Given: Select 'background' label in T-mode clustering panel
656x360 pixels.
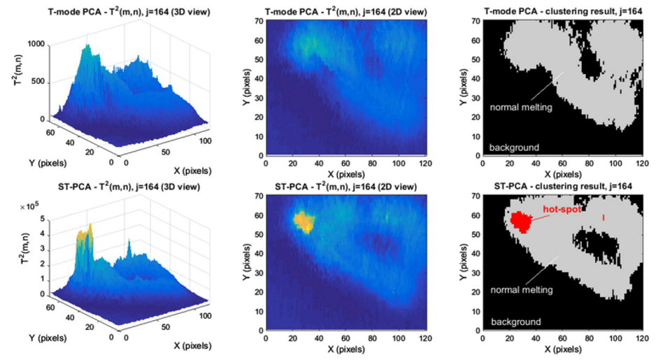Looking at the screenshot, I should [514, 147].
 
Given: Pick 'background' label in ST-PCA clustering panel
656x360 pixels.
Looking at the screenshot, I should [515, 322].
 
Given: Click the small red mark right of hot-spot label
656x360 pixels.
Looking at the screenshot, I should [603, 218].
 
